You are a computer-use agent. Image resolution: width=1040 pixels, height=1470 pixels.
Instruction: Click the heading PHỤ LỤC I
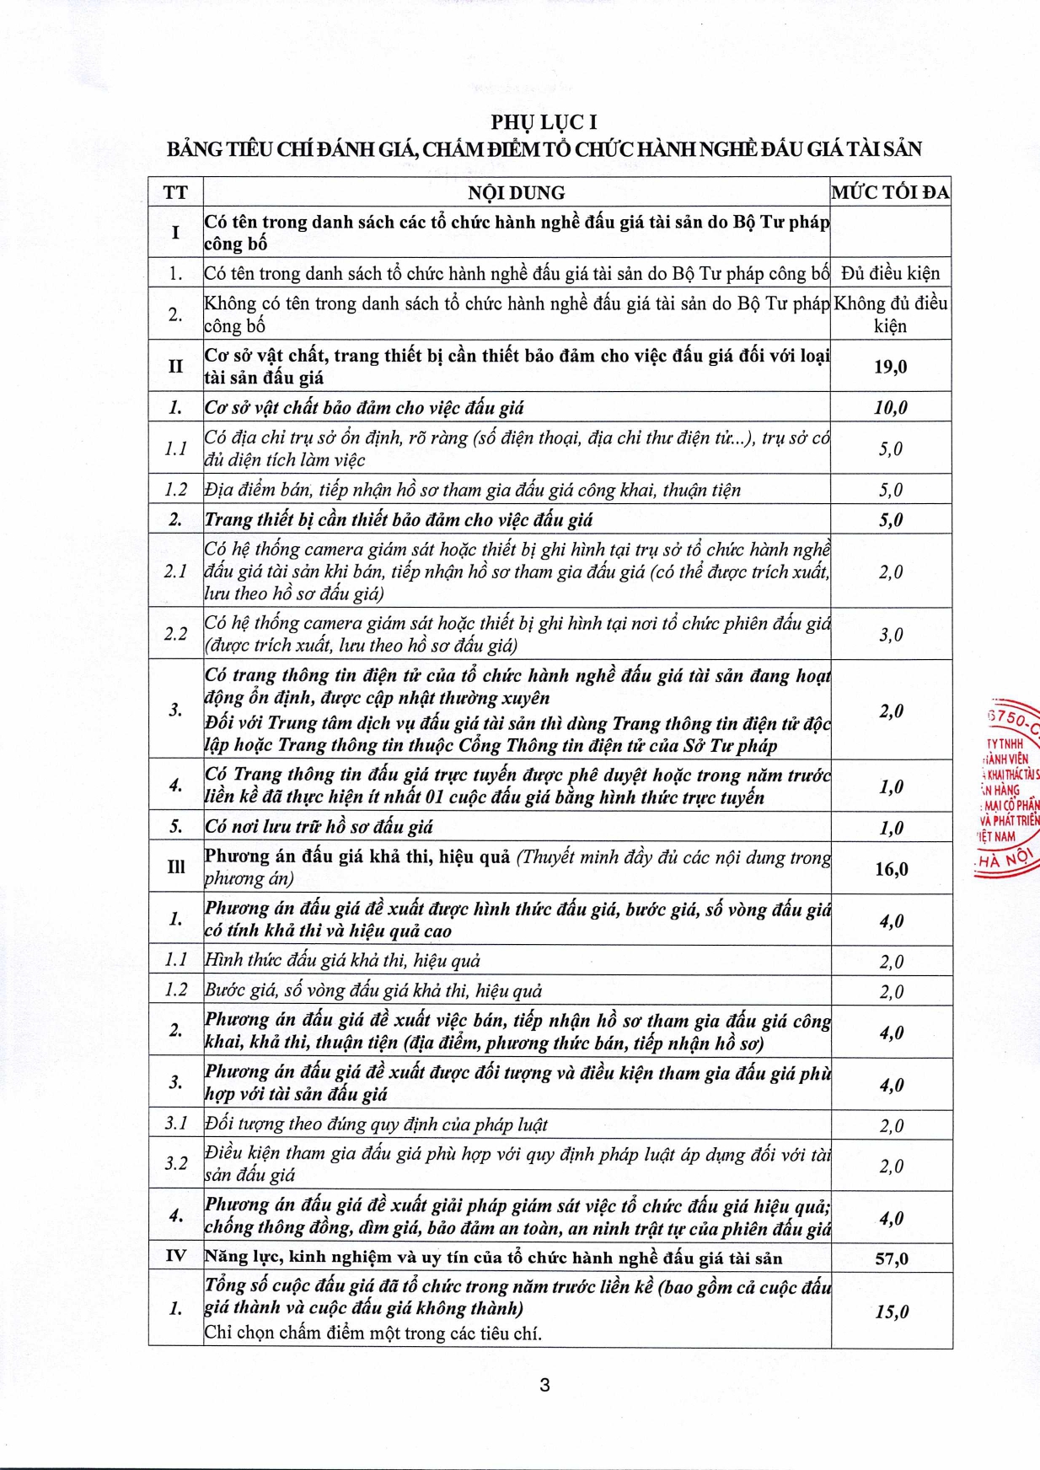click(544, 122)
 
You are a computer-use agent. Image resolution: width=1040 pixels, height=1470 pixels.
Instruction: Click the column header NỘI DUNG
click(516, 193)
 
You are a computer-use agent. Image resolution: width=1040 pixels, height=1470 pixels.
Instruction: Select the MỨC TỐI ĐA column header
click(890, 193)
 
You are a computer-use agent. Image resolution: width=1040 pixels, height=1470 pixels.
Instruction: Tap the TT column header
click(175, 193)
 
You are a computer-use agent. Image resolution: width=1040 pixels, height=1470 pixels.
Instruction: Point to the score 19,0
click(890, 367)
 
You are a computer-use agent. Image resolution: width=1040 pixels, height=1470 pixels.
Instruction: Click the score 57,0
click(891, 1259)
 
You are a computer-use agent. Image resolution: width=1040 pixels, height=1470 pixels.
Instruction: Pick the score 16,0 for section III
click(891, 869)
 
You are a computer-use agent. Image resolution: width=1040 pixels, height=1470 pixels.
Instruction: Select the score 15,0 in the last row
click(891, 1312)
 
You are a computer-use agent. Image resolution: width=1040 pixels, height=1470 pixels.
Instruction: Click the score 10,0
click(890, 408)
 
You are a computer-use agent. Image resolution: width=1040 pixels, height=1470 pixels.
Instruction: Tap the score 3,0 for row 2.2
click(891, 635)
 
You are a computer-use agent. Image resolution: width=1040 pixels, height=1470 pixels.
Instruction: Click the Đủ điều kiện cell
click(890, 274)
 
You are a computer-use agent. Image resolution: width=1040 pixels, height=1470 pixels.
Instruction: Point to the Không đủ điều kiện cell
click(890, 314)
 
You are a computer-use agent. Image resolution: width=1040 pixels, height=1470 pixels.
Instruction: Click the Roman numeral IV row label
click(175, 1257)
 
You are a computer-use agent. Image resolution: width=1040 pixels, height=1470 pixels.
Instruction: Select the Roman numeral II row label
click(175, 367)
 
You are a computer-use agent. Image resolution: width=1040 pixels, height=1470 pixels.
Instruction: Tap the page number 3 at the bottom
click(544, 1385)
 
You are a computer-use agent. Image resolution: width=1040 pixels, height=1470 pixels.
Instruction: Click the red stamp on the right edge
click(1009, 788)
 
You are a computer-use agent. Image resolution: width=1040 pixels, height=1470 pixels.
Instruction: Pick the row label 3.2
click(175, 1164)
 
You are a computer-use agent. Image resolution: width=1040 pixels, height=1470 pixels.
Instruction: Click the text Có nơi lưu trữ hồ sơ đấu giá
click(319, 828)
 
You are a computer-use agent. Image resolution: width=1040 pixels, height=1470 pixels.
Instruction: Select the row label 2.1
click(175, 571)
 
